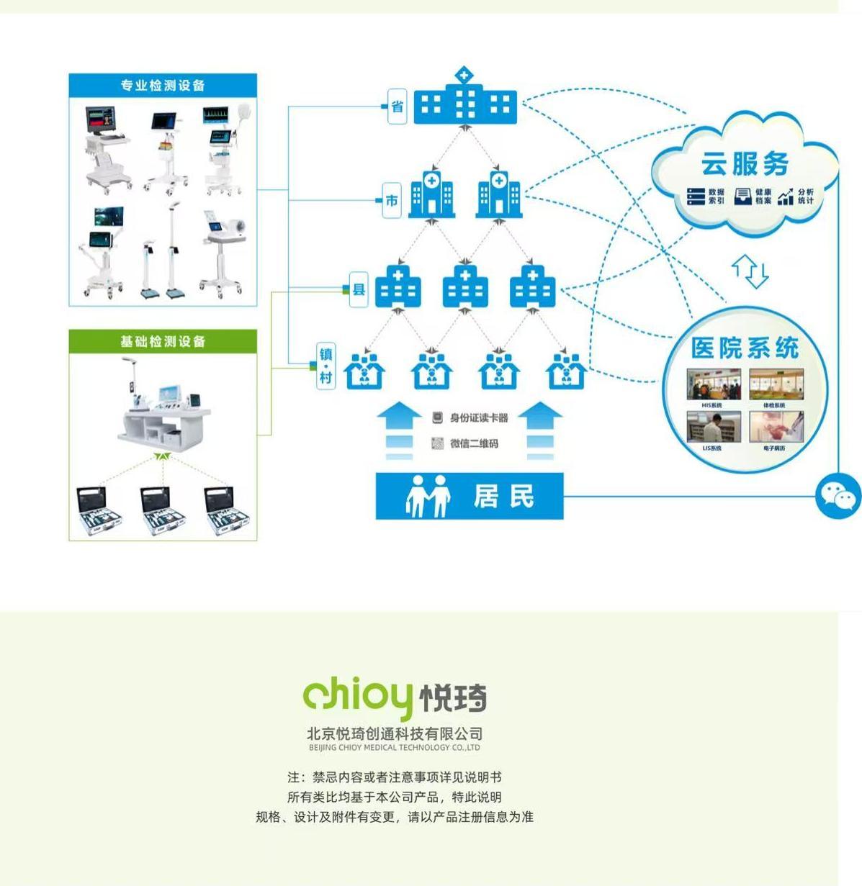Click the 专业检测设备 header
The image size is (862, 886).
click(x=163, y=86)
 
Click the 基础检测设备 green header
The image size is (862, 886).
click(x=163, y=341)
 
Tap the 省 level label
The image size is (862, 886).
click(x=398, y=107)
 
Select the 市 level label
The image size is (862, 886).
click(x=392, y=200)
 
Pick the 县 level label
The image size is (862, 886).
click(x=359, y=289)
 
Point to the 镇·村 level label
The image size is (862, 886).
click(x=326, y=366)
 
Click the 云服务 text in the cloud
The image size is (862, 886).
click(x=745, y=164)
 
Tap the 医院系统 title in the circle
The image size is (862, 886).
click(x=745, y=348)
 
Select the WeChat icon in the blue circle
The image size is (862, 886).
click(x=838, y=496)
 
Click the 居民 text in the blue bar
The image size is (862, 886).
click(x=504, y=496)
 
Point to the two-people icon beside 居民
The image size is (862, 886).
click(x=428, y=496)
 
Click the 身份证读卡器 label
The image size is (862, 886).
click(x=479, y=417)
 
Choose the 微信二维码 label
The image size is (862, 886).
click(x=474, y=443)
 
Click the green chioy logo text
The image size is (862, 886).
click(x=358, y=695)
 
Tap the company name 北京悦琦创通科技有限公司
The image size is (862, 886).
click(x=395, y=733)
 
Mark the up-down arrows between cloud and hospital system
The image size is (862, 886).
click(x=750, y=271)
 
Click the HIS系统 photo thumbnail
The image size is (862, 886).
click(x=713, y=385)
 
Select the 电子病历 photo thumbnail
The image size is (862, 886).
click(x=776, y=428)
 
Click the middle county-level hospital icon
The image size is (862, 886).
click(x=464, y=286)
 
